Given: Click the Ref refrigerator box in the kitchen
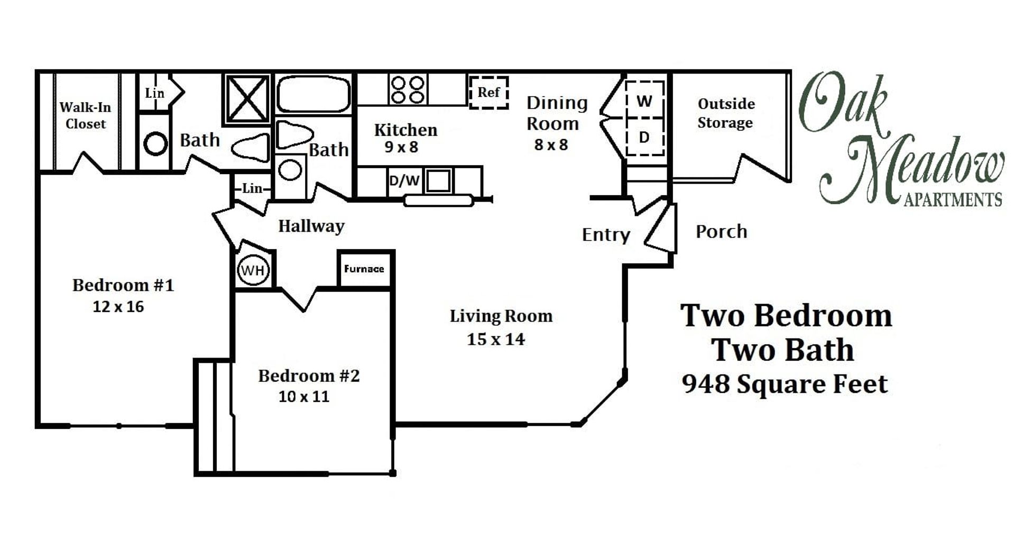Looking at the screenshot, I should [x=488, y=93].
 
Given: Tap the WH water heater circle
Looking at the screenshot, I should [x=253, y=270].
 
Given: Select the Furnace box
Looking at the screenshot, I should [x=364, y=269].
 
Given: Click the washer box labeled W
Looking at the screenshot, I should [x=644, y=101].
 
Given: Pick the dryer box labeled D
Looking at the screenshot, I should [x=644, y=138].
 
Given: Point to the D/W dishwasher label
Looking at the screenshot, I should [x=404, y=181].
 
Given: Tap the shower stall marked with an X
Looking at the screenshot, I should [x=247, y=99].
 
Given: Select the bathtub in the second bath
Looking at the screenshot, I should [x=313, y=95].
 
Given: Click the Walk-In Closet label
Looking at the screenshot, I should [x=85, y=115].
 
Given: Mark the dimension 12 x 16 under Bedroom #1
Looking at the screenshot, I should [x=118, y=307].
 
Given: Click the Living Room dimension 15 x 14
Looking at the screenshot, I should [x=495, y=339].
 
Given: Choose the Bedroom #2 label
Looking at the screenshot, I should [x=309, y=376].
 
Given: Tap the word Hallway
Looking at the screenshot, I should [x=311, y=226].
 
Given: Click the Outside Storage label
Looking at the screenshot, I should [x=725, y=113].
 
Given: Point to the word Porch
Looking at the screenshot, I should [x=721, y=232].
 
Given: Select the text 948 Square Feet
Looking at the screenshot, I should [x=785, y=384].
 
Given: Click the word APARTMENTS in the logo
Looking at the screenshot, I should [x=953, y=200].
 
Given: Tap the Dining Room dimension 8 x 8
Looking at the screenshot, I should [x=551, y=144].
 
